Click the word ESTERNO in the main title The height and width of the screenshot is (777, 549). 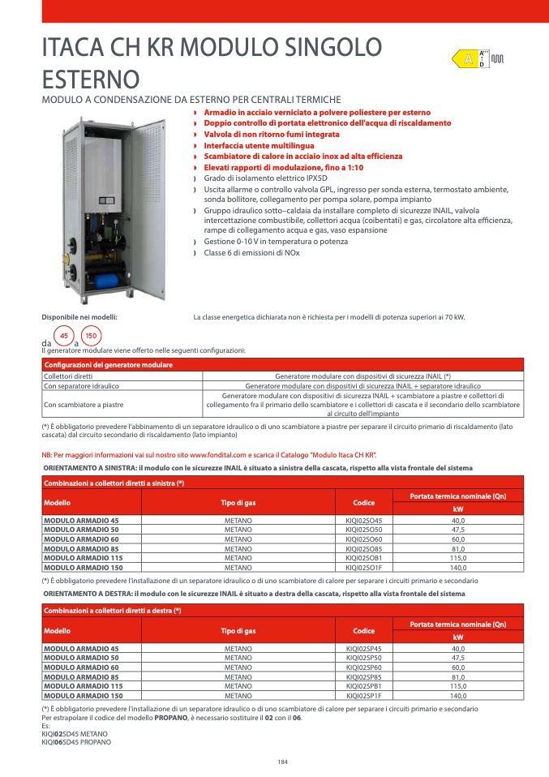pos(91,79)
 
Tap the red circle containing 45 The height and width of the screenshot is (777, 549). pos(63,335)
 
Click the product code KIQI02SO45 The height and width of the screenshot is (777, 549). pos(364,520)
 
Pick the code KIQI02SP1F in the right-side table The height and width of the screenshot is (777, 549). pos(364,696)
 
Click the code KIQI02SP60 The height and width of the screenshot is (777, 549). pos(364,668)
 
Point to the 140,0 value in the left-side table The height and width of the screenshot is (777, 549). pos(458,568)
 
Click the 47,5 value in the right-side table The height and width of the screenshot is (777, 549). pos(458,658)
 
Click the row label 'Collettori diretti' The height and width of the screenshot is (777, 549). pos(68,376)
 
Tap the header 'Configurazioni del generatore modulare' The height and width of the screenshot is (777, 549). pos(108,366)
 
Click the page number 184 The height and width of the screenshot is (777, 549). pos(282,761)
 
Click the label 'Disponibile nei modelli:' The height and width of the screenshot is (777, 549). pos(79,316)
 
